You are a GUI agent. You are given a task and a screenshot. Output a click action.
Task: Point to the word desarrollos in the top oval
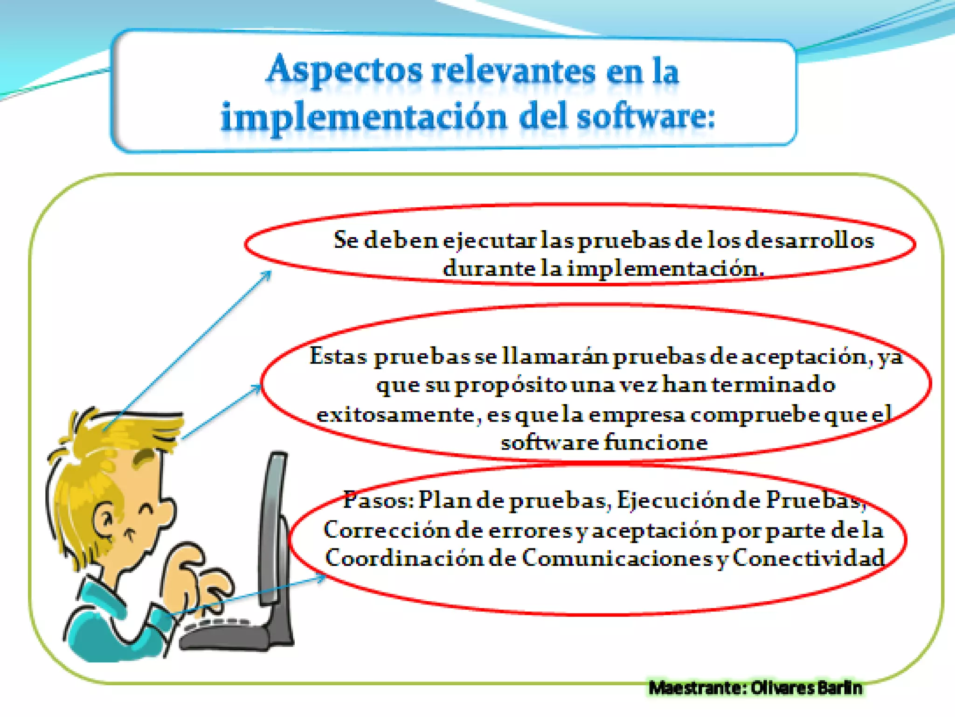(809, 240)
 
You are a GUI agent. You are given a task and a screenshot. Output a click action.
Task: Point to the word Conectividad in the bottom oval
(809, 558)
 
